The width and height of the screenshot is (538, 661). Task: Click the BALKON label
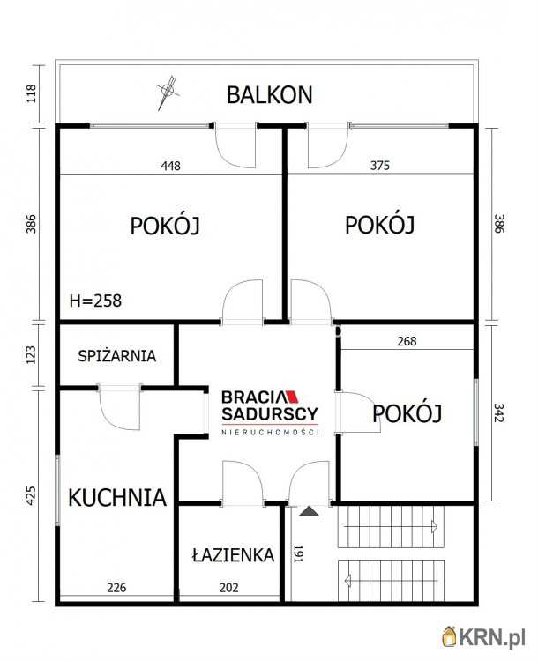[269, 94]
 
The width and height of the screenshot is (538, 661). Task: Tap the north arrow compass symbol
[167, 92]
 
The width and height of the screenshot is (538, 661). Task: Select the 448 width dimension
[171, 166]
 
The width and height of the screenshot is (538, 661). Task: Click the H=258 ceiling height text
[95, 301]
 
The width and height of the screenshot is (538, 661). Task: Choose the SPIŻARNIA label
[117, 356]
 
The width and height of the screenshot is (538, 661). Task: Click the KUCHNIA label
[117, 497]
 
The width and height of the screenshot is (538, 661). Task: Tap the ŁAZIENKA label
[233, 555]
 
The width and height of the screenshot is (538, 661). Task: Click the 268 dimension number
[407, 341]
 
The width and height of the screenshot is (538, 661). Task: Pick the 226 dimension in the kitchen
[116, 586]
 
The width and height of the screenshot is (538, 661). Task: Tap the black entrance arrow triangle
[309, 510]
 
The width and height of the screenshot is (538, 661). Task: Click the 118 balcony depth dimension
[32, 93]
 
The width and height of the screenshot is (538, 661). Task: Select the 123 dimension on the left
[32, 354]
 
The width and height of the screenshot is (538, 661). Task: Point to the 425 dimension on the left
[32, 496]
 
